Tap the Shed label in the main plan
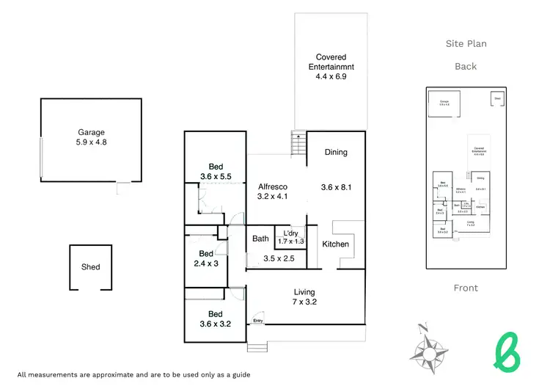90,267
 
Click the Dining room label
335,153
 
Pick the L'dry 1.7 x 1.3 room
290,237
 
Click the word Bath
260,239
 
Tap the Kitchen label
336,244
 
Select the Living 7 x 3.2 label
304,297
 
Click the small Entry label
258,321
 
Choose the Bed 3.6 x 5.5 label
216,171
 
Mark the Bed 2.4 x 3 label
206,258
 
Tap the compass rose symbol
430,347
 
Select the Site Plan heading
466,44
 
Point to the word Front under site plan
466,288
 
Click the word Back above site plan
466,66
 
